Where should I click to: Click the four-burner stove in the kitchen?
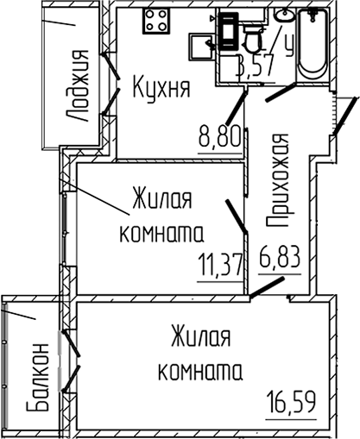156,22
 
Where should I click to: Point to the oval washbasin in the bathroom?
283,16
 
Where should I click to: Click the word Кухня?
161,86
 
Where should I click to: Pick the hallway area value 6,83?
280,256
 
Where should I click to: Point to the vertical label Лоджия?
80,86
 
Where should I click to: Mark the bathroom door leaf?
281,91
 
